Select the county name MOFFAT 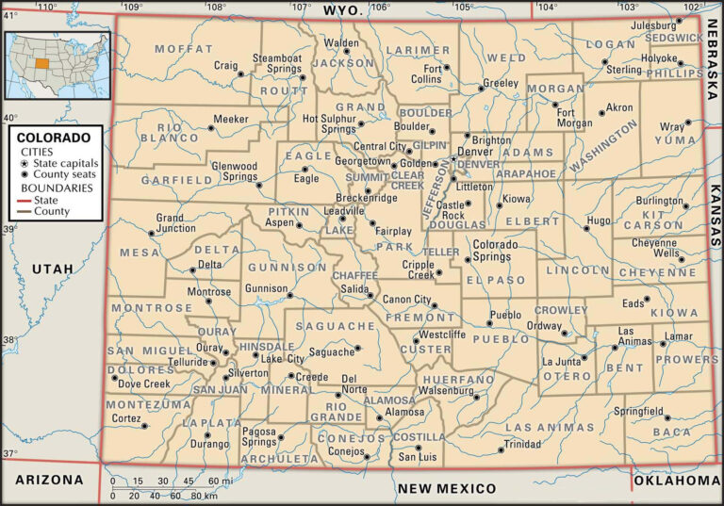click(x=183, y=48)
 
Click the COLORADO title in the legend click(x=54, y=137)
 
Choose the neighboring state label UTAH click(x=52, y=269)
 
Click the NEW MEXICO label click(x=446, y=488)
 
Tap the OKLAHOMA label click(x=677, y=481)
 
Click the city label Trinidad click(x=522, y=443)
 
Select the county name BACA click(x=672, y=432)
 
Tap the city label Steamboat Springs click(x=276, y=63)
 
